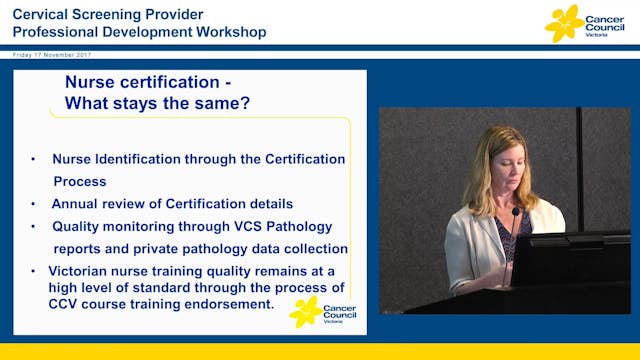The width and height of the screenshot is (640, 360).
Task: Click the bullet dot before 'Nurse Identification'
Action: (34, 159)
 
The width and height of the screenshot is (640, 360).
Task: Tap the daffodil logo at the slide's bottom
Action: (305, 310)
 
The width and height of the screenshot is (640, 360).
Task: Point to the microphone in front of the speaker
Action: (516, 215)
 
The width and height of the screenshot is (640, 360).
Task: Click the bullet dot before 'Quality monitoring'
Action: (34, 226)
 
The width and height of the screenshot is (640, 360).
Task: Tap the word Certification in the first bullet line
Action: (295, 159)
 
